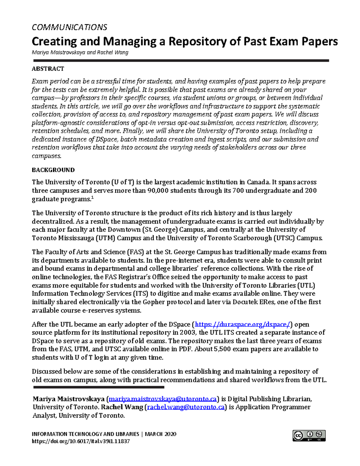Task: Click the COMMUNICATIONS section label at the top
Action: point(69,27)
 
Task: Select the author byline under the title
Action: point(80,53)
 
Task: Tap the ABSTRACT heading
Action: point(48,69)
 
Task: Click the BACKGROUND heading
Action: point(53,170)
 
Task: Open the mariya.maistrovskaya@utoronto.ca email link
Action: point(163,399)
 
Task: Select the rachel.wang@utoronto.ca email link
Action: point(186,407)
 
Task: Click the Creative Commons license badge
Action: point(309,435)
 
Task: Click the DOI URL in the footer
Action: point(81,441)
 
